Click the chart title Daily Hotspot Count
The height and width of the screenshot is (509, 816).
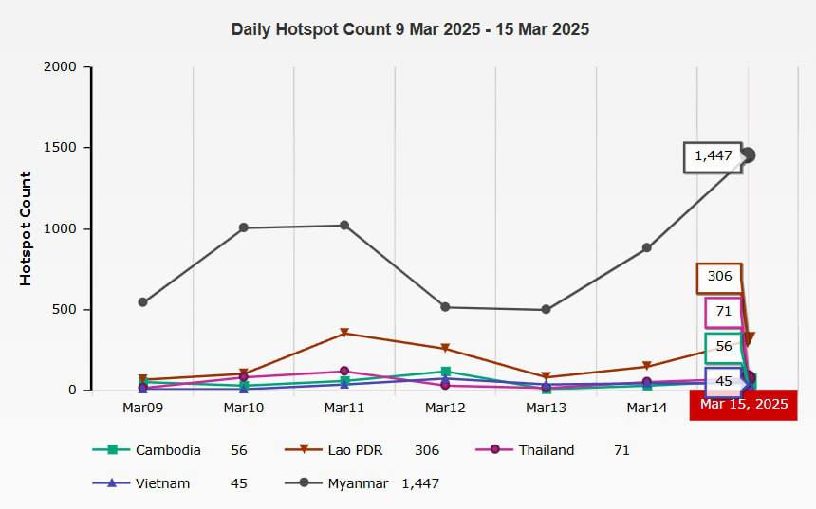[410, 29]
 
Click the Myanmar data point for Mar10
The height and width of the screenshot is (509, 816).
[244, 227]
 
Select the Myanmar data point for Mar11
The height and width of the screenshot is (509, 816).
[344, 226]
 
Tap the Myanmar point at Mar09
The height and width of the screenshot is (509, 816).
[143, 302]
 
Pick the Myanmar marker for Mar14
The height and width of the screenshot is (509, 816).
[646, 248]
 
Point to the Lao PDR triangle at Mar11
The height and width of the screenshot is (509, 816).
[344, 334]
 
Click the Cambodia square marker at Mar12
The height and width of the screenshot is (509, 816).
[445, 372]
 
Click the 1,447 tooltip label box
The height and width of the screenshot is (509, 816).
[713, 156]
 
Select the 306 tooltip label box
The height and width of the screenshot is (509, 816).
[719, 277]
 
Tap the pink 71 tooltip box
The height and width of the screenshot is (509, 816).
[723, 312]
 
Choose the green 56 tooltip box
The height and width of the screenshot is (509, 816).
[723, 347]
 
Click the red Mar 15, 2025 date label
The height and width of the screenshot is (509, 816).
[743, 405]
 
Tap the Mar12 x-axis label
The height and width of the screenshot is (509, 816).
[445, 408]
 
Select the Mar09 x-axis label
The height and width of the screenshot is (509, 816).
[143, 408]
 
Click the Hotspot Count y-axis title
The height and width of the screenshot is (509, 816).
[27, 228]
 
